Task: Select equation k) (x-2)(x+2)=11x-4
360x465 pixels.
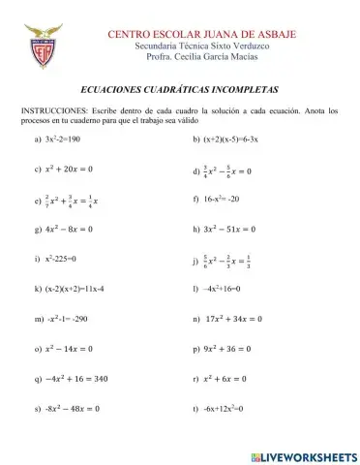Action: pos(74,289)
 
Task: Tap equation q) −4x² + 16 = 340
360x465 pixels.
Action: pos(75,378)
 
